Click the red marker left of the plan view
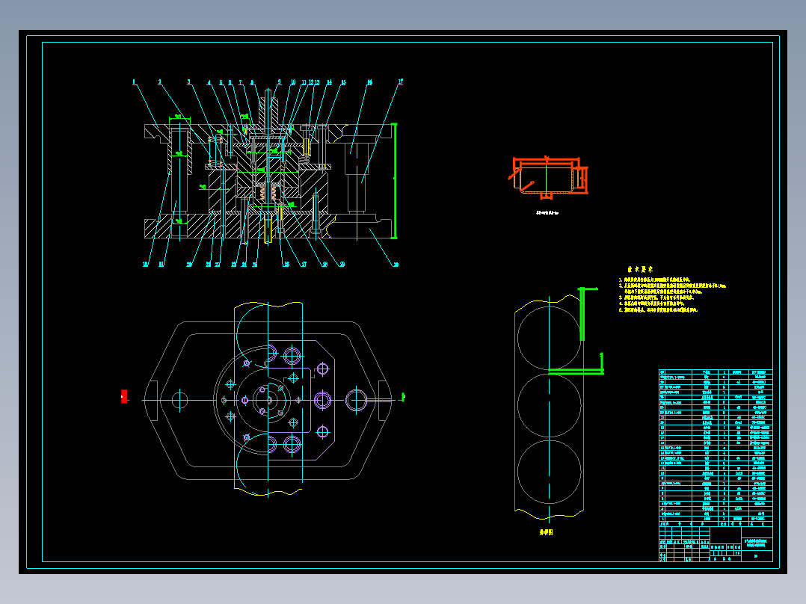pyautogui.click(x=124, y=397)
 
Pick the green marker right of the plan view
pyautogui.click(x=402, y=396)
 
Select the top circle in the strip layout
pyautogui.click(x=549, y=334)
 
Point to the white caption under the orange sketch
pyautogui.click(x=552, y=213)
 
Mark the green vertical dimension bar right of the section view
pyautogui.click(x=394, y=180)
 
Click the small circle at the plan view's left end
pyautogui.click(x=179, y=400)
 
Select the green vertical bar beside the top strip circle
pyautogui.click(x=582, y=314)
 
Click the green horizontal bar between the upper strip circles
pyautogui.click(x=576, y=370)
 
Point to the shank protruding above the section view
pyautogui.click(x=268, y=105)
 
